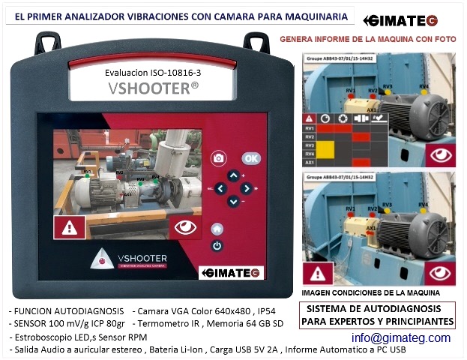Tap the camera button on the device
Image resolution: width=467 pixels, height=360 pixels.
point(218,158)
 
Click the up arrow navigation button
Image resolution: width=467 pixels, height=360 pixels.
point(233,175)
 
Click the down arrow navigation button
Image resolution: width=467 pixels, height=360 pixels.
point(233,201)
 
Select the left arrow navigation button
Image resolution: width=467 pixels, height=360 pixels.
point(220,188)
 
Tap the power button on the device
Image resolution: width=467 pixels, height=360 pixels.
point(217,245)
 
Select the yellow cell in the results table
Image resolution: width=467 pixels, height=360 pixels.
point(324,154)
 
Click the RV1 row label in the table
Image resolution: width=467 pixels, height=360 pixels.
point(307,128)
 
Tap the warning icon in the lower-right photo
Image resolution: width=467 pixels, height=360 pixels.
point(322,273)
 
